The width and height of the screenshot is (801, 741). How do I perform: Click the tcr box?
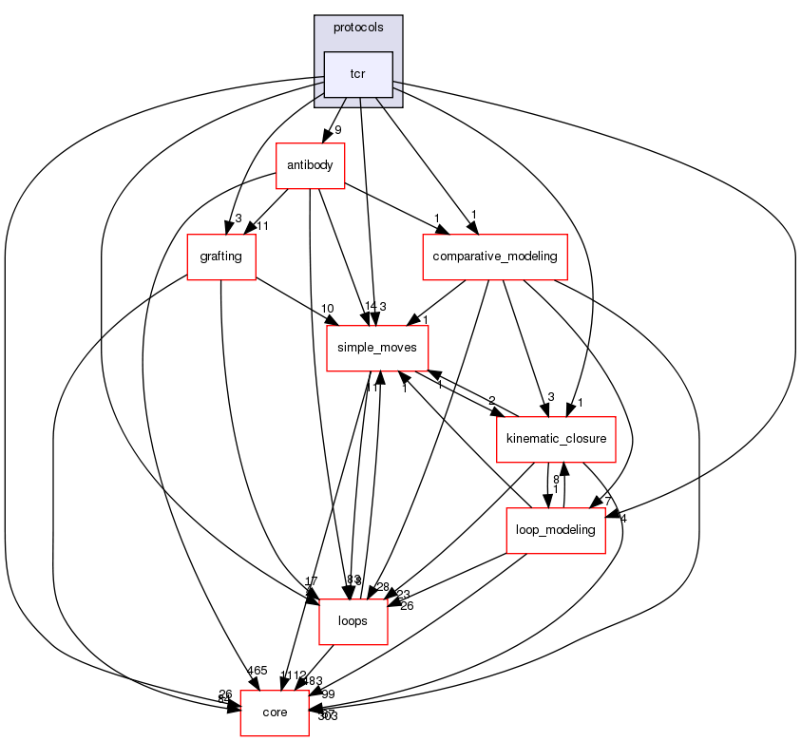tap(358, 74)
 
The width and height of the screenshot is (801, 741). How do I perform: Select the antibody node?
tap(309, 165)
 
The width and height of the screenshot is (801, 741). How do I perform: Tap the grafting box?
tap(221, 256)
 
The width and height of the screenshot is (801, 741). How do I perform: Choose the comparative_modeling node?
tap(494, 256)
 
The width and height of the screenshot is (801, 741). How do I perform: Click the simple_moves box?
tap(377, 348)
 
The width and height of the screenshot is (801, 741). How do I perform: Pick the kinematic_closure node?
tap(557, 439)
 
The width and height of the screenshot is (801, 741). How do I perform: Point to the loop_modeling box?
tap(555, 529)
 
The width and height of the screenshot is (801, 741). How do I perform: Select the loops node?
tap(353, 621)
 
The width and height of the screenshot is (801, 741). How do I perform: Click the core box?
tap(275, 712)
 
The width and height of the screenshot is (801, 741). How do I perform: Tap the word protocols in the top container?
tap(358, 28)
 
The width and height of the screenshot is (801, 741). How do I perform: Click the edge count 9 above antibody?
tap(337, 131)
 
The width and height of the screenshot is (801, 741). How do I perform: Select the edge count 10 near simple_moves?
tap(328, 309)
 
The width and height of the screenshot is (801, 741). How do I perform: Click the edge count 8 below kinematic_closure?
tap(556, 479)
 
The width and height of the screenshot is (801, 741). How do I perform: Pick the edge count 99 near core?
tap(328, 694)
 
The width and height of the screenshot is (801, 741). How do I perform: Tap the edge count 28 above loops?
tap(383, 586)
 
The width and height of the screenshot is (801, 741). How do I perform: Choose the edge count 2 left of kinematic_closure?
tap(491, 400)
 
